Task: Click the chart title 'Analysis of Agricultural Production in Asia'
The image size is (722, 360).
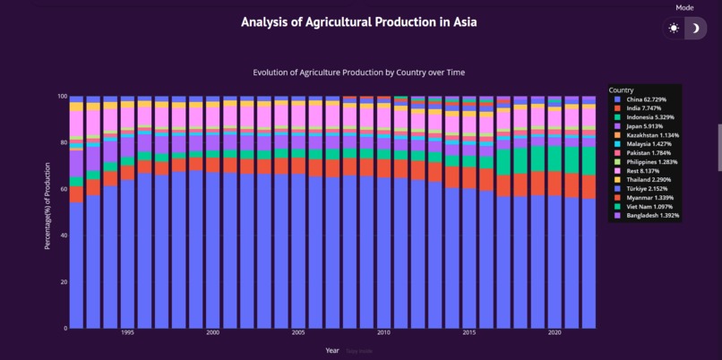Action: pyautogui.click(x=358, y=21)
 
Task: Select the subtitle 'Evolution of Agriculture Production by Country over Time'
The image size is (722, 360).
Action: pyautogui.click(x=358, y=73)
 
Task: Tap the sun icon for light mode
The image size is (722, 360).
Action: pyautogui.click(x=674, y=29)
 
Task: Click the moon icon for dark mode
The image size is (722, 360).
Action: pyautogui.click(x=695, y=29)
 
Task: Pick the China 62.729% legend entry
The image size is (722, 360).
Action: pyautogui.click(x=644, y=99)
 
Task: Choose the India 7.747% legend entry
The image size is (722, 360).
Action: pyautogui.click(x=642, y=107)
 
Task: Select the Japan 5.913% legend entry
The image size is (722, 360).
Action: pyautogui.click(x=643, y=126)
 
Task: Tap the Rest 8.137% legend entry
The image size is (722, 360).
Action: pyautogui.click(x=641, y=172)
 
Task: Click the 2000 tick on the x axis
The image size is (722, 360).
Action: pyautogui.click(x=213, y=333)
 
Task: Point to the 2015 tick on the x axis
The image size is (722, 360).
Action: pyautogui.click(x=469, y=333)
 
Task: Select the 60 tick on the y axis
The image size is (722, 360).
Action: pyautogui.click(x=63, y=189)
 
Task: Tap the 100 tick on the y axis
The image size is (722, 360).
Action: pyautogui.click(x=62, y=96)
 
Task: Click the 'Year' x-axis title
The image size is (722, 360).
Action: pyautogui.click(x=332, y=350)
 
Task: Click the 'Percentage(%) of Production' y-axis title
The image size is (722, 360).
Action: pyautogui.click(x=47, y=211)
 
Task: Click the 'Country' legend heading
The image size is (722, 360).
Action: pyautogui.click(x=622, y=90)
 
